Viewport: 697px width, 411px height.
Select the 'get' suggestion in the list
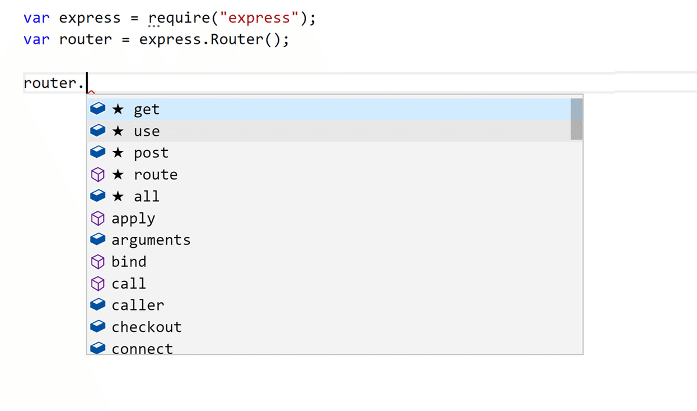pyautogui.click(x=146, y=110)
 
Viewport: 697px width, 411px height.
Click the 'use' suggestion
pyautogui.click(x=146, y=131)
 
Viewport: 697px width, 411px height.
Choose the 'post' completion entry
pyautogui.click(x=151, y=153)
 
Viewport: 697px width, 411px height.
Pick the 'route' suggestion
pyautogui.click(x=156, y=175)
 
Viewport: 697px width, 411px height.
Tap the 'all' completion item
pyautogui.click(x=146, y=196)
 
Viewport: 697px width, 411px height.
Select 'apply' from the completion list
pyautogui.click(x=133, y=219)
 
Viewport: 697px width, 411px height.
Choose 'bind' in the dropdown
pyautogui.click(x=129, y=262)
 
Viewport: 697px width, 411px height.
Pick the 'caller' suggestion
pyautogui.click(x=138, y=305)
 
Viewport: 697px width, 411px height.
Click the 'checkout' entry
pyautogui.click(x=146, y=327)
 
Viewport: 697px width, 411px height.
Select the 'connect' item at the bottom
pyautogui.click(x=142, y=349)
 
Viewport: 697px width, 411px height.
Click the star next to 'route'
pyautogui.click(x=118, y=174)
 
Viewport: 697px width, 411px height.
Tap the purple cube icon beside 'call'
pyautogui.click(x=98, y=283)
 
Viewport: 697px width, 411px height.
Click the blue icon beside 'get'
pyautogui.click(x=98, y=109)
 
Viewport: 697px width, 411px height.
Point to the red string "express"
pyautogui.click(x=259, y=18)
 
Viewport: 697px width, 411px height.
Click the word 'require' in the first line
pyautogui.click(x=179, y=18)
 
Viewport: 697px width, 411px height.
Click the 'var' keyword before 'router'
pyautogui.click(x=37, y=39)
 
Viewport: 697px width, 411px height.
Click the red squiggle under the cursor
pyautogui.click(x=91, y=92)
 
